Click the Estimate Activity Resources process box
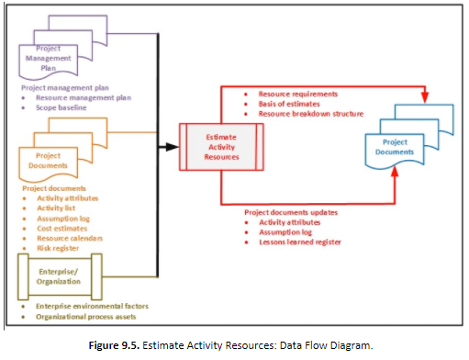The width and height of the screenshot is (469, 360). click(224, 144)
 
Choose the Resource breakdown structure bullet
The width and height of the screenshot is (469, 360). click(311, 114)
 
